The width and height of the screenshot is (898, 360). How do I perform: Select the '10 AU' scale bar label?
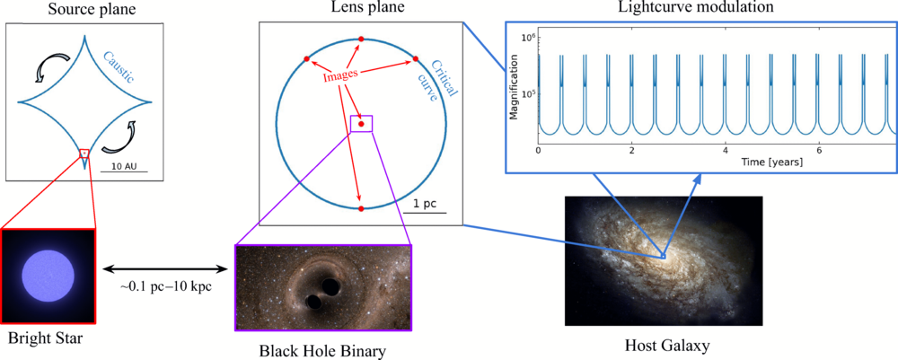click(117, 168)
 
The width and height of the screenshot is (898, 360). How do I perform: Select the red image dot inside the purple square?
click(361, 124)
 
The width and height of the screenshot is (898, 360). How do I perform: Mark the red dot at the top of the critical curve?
click(361, 40)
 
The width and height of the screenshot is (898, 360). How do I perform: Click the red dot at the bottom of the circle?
click(361, 208)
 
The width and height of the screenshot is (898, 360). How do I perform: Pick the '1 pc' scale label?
click(425, 204)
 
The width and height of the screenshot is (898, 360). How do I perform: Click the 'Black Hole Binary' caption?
click(322, 350)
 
